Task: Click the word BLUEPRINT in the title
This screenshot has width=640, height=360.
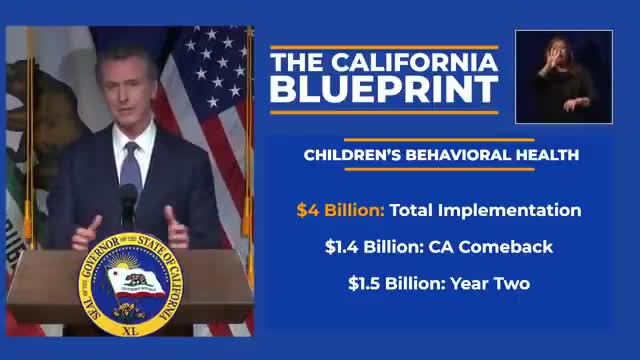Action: click(385, 88)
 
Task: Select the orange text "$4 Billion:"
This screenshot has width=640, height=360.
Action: click(340, 210)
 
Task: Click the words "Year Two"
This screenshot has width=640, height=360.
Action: click(490, 283)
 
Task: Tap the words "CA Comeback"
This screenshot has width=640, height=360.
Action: click(483, 247)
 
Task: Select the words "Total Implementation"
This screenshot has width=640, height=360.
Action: click(485, 210)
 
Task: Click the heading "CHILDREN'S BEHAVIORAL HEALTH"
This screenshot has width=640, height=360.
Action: click(441, 155)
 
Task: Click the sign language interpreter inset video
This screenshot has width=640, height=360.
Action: click(563, 75)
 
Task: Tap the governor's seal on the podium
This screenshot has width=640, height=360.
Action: click(128, 282)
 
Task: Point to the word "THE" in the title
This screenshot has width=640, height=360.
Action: click(295, 60)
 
